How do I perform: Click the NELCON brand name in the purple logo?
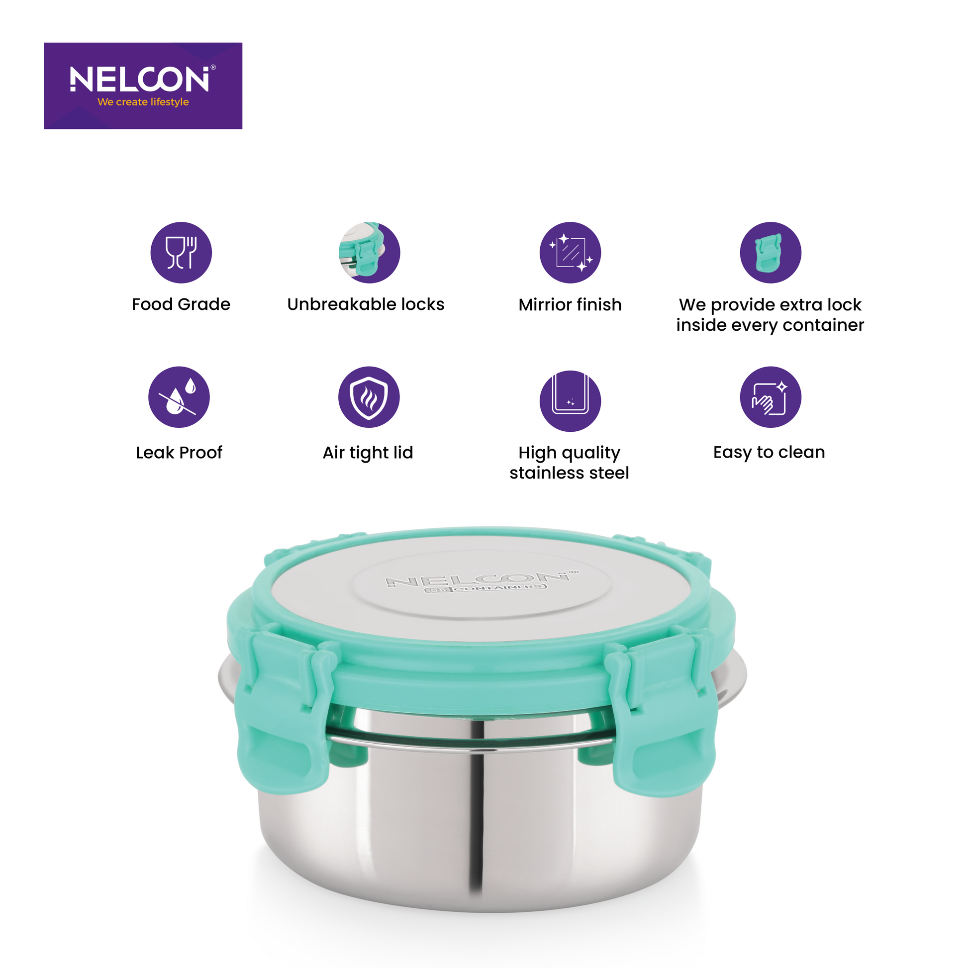[139, 79]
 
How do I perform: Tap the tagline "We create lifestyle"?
[143, 101]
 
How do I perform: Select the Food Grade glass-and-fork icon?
[182, 253]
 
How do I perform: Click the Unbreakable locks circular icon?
[369, 253]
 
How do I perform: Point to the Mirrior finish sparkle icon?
[570, 253]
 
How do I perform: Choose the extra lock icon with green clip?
[771, 253]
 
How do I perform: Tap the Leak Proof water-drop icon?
[179, 397]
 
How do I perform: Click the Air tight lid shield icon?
[369, 397]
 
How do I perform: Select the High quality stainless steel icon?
[570, 401]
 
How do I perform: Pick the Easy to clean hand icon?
[771, 397]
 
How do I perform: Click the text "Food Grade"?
[181, 304]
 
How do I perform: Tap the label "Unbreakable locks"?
[366, 304]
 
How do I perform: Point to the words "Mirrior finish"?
[570, 304]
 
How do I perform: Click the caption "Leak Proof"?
[179, 453]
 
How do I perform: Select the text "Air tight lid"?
[368, 453]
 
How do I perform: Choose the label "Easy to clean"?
[769, 452]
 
